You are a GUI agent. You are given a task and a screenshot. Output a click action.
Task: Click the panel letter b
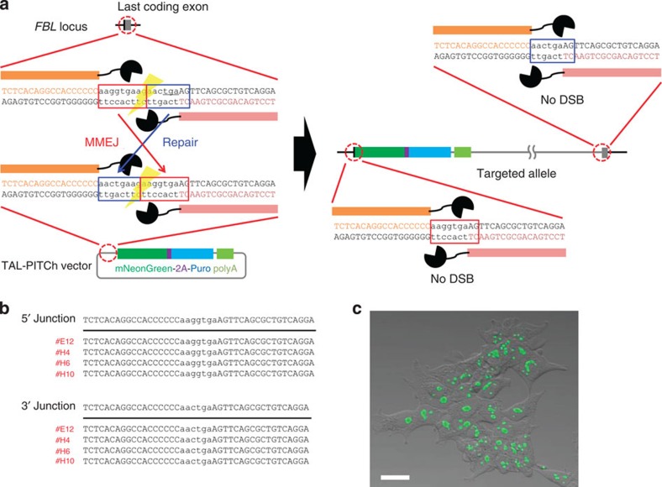[x=6, y=310]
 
